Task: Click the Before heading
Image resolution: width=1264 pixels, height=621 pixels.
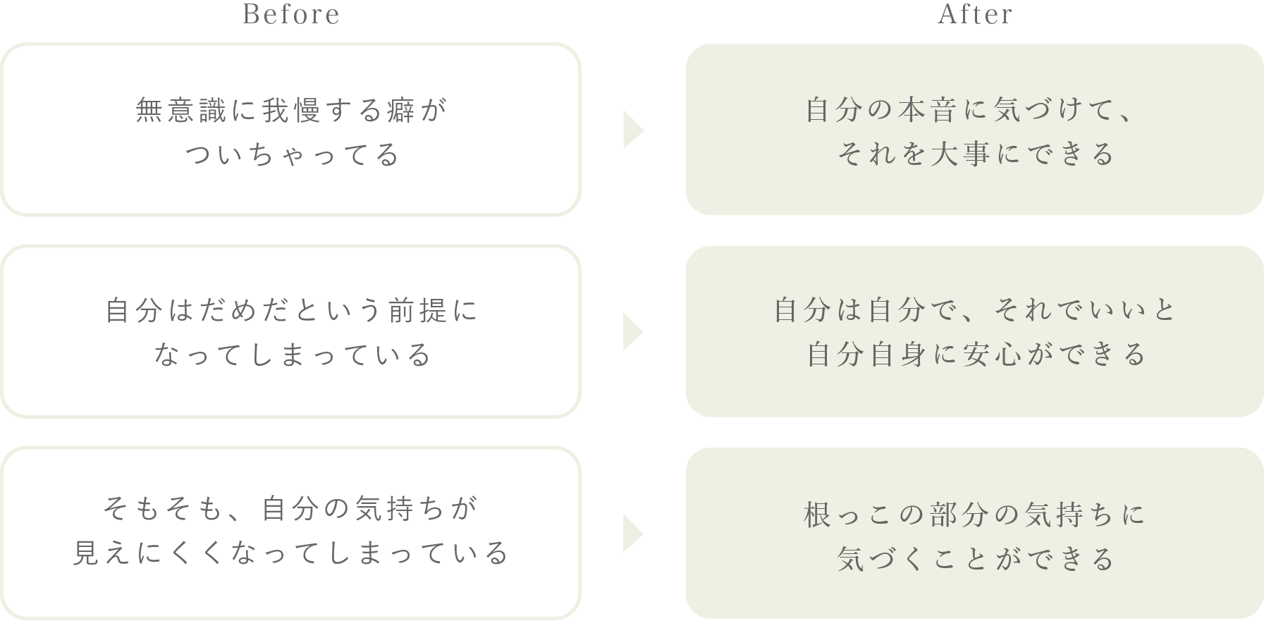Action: coord(290,15)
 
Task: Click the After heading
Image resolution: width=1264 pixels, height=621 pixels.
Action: coord(975,15)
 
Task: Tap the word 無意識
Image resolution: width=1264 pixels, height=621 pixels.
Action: coord(180,111)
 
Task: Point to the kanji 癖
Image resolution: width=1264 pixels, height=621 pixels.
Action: coord(400,111)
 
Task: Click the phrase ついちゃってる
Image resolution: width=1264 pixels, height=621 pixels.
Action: coord(292,155)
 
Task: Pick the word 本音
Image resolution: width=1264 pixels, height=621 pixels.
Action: coord(932,111)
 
